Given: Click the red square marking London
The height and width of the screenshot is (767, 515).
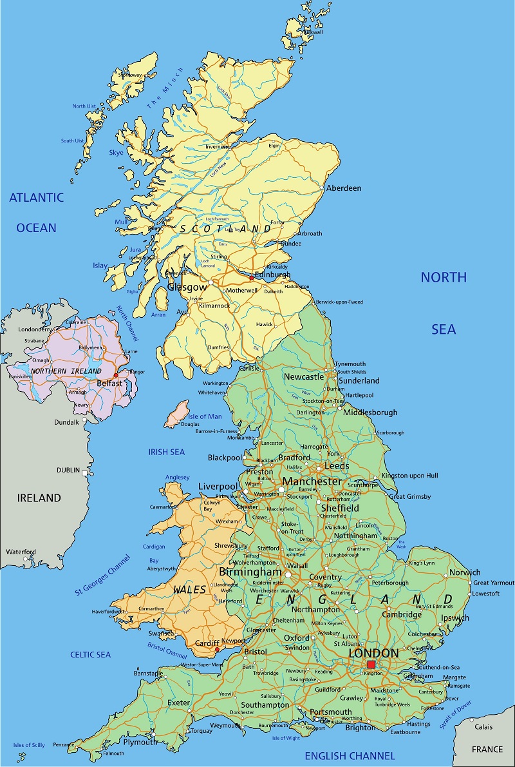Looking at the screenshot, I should point(371,665).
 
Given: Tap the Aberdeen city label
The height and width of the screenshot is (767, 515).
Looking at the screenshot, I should point(344,188).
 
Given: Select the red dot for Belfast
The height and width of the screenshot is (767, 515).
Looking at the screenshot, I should point(116,375).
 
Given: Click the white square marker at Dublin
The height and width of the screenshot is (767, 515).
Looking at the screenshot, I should point(84,472).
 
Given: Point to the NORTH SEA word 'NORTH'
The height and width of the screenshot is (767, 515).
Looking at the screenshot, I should point(444,277).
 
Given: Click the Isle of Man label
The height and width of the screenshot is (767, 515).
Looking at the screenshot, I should point(205,416).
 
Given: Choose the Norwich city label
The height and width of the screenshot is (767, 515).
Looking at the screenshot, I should point(465,572).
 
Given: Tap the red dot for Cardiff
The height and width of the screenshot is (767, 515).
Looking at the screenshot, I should point(218,650).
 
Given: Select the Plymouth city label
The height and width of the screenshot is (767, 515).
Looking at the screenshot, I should point(140,742).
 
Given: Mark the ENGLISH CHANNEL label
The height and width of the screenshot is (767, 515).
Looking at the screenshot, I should point(350,755).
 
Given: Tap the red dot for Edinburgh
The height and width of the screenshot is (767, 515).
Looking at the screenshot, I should point(251,278).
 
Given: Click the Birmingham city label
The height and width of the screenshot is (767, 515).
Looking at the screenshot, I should point(250,572).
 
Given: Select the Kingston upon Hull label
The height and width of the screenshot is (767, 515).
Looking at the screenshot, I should point(409,476).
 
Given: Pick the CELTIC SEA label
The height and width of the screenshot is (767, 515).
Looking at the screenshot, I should point(91,655).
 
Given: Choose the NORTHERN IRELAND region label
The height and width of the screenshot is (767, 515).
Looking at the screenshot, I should point(66,371).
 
